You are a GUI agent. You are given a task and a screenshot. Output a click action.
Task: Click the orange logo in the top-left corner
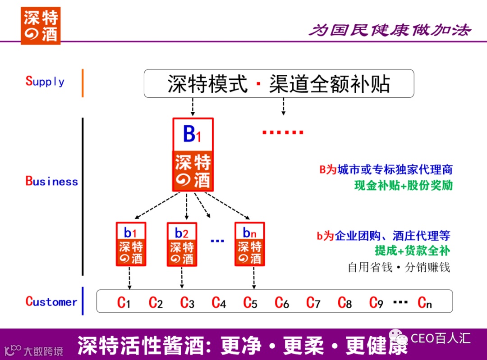(x=40, y=26)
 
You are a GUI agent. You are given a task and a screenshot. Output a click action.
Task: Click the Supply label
(x=45, y=82)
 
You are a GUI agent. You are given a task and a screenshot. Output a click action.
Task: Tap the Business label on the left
(x=51, y=182)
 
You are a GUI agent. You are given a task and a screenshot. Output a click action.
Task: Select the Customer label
(x=51, y=302)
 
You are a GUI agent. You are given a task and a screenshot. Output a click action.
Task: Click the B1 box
(x=193, y=154)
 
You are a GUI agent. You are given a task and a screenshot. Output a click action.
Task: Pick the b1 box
(x=131, y=244)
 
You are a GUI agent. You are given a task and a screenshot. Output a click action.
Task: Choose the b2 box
(x=182, y=244)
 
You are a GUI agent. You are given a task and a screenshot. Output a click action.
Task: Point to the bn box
(x=249, y=244)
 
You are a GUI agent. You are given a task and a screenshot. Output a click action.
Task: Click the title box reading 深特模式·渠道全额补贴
(x=279, y=84)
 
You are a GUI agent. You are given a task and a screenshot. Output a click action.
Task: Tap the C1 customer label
(x=124, y=302)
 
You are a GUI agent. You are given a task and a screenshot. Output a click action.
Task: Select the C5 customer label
(x=250, y=302)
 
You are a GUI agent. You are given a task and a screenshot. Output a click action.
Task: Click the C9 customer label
(x=376, y=302)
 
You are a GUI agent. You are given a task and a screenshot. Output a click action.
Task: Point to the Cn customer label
(x=425, y=302)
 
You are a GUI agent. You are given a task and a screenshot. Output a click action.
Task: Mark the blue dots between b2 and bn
(x=217, y=241)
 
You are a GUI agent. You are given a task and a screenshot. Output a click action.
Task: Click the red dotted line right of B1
(x=283, y=132)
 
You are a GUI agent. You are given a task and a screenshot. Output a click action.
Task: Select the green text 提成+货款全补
(x=412, y=251)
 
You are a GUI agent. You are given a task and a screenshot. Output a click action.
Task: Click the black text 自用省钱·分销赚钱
(x=399, y=267)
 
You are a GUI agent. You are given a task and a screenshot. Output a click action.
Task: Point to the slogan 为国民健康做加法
(x=390, y=30)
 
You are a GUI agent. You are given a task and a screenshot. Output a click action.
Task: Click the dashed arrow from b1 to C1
(x=129, y=278)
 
